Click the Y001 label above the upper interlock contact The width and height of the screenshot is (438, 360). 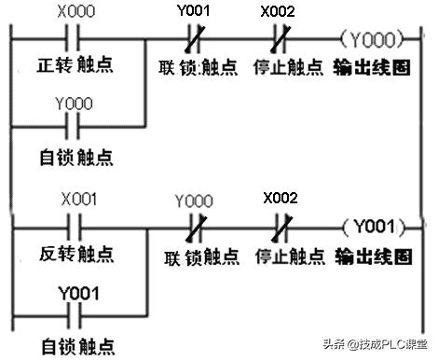(x=194, y=13)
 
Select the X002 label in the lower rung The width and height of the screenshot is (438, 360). (x=280, y=198)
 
